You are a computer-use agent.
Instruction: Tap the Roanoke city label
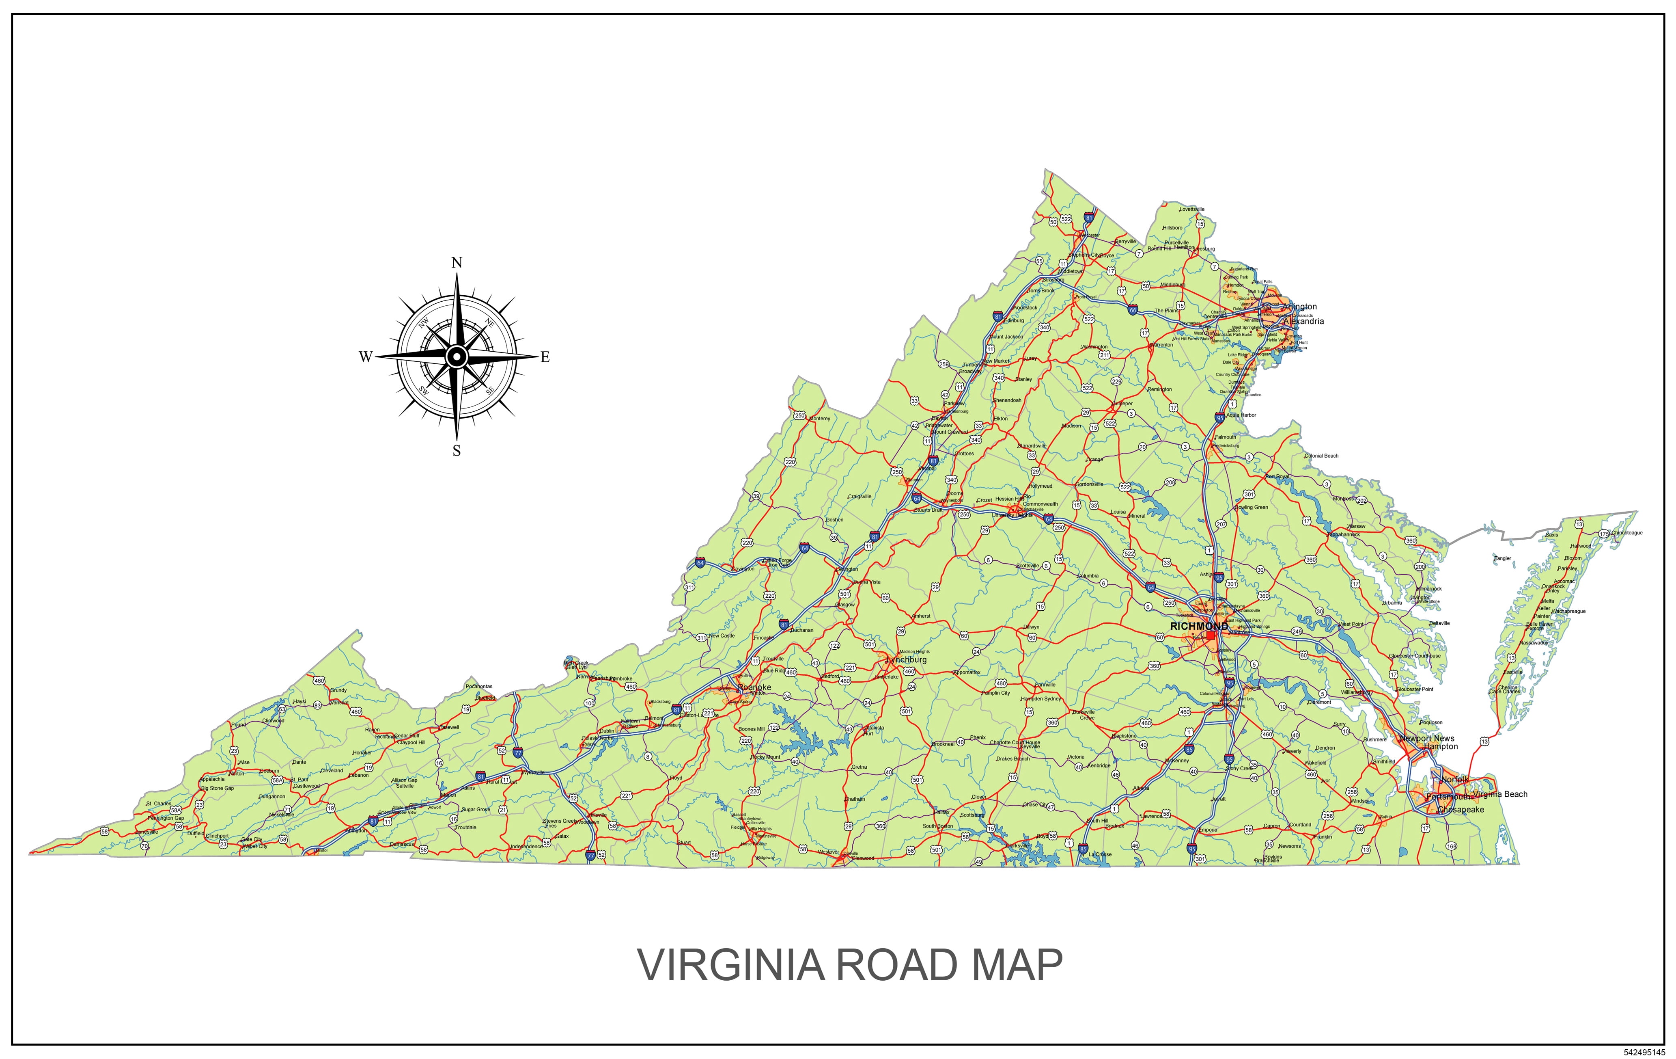click(754, 687)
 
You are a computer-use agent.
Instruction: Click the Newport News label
click(1427, 738)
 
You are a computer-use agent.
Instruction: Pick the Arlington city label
click(1299, 306)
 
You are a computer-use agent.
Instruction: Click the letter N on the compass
click(457, 262)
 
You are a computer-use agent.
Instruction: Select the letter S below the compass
click(457, 451)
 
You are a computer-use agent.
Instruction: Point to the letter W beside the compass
click(365, 357)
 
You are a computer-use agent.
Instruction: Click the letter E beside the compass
click(545, 357)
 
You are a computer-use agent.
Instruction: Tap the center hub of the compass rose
click(457, 357)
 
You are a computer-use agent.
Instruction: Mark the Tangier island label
click(1503, 558)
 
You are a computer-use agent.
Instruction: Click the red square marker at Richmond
click(1211, 635)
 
